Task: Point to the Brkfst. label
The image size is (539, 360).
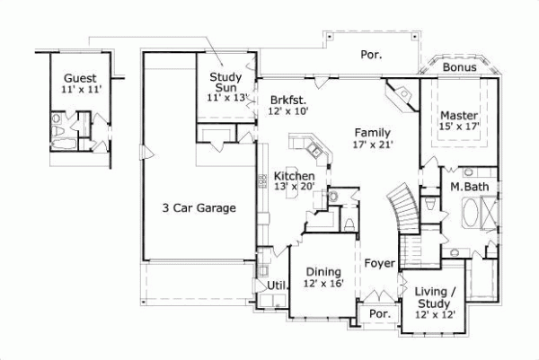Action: tap(288, 100)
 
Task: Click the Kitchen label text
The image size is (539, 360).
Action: tap(295, 176)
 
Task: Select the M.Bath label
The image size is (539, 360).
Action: tap(469, 187)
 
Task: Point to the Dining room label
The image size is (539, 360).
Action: tap(323, 272)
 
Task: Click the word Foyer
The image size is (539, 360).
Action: tap(380, 263)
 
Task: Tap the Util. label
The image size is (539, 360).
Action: tap(276, 285)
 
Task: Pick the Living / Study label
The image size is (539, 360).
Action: tap(436, 297)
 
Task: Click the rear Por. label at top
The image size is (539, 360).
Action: tap(371, 54)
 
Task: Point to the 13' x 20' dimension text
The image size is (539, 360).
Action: tap(295, 188)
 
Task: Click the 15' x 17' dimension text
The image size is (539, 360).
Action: tap(459, 127)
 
